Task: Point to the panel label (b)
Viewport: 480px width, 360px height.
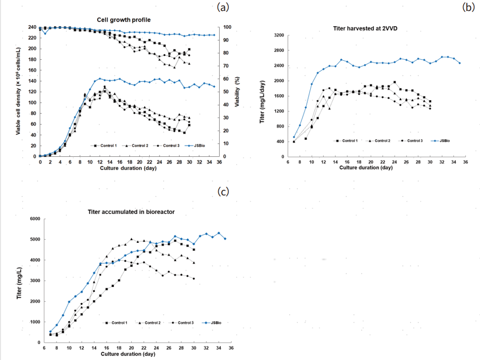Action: [469, 7]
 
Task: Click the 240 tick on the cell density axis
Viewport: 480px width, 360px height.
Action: [31, 27]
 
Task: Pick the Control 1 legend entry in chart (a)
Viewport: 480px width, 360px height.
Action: [106, 146]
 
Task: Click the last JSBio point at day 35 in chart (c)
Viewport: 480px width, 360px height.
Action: [225, 239]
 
